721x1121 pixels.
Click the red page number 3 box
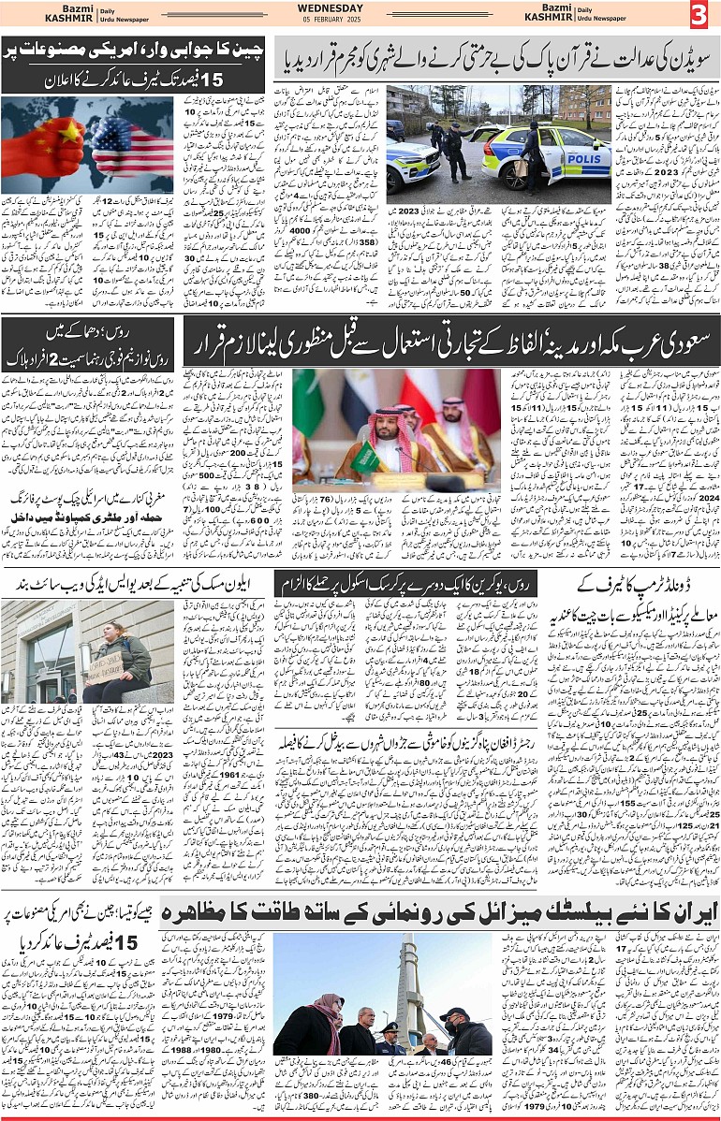pos(701,16)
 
